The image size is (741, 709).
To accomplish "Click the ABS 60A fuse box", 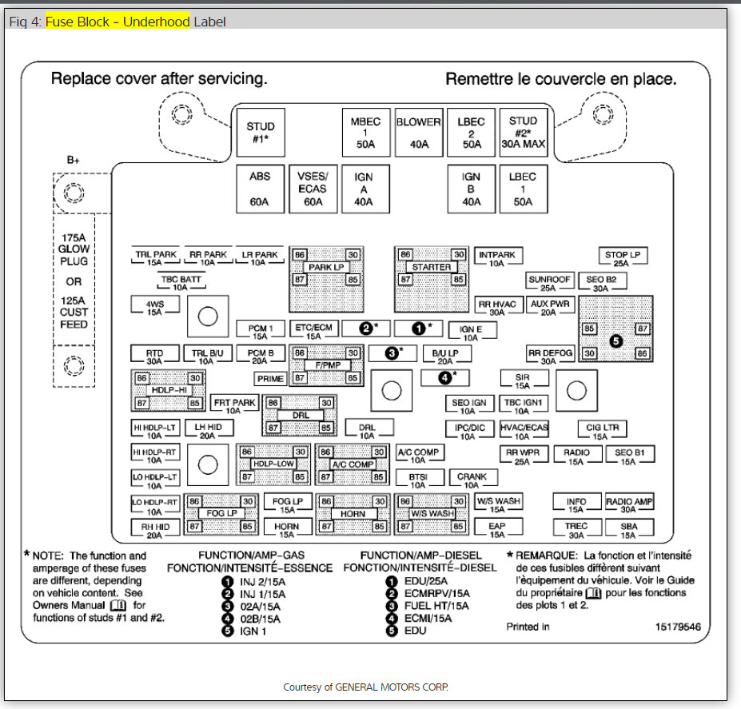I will pyautogui.click(x=260, y=189).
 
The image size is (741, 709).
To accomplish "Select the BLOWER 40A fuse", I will pyautogui.click(x=419, y=133).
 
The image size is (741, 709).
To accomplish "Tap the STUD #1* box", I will pyautogui.click(x=260, y=133).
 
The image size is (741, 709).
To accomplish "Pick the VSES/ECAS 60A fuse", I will pyautogui.click(x=313, y=189).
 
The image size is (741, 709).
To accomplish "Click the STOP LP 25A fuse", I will pyautogui.click(x=621, y=258).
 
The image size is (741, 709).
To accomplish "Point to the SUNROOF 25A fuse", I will pyautogui.click(x=549, y=283).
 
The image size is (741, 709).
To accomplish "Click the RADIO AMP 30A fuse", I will pyautogui.click(x=629, y=505).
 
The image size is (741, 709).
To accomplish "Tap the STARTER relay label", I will pyautogui.click(x=431, y=267).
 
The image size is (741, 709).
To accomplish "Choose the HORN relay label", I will pyautogui.click(x=353, y=513).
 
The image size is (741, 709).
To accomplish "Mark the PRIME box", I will pyautogui.click(x=269, y=379).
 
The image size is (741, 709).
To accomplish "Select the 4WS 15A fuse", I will pyautogui.click(x=153, y=307).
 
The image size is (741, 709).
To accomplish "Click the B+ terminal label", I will pyautogui.click(x=74, y=160).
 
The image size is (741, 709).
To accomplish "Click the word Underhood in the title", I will pyautogui.click(x=156, y=22).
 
